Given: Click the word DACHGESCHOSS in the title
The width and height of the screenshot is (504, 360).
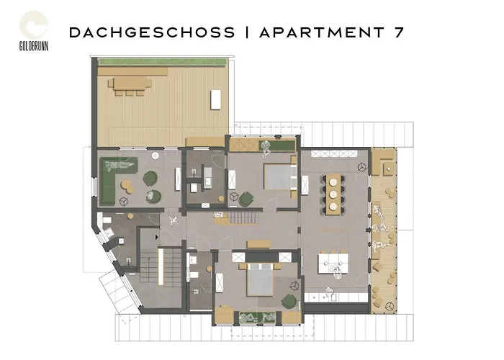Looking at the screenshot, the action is (152, 32).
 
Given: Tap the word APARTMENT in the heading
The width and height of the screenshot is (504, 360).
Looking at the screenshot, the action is (322, 32).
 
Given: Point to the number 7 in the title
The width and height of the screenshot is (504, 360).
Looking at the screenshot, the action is (399, 32).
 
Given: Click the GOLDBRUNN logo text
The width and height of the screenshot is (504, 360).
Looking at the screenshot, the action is (34, 46).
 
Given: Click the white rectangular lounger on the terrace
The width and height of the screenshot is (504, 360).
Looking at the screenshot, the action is (216, 99).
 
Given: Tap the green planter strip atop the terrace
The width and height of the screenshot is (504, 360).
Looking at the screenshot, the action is (162, 61).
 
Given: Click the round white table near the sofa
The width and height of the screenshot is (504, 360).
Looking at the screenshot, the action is (156, 156).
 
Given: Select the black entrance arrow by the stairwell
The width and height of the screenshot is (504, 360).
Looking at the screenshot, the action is (156, 237).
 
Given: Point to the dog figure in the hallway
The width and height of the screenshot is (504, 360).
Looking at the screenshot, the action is (174, 220).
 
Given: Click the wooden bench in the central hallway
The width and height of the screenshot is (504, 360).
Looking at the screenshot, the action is (258, 244).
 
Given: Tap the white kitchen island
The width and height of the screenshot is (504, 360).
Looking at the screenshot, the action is (333, 264).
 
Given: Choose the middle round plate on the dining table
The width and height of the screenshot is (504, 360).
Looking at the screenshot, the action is (333, 194).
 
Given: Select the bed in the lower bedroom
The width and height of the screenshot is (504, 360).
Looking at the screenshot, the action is (261, 279).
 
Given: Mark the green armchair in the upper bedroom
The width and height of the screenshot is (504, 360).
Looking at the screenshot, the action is (246, 199).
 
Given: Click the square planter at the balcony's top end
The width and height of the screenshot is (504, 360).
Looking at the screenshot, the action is (389, 168).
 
